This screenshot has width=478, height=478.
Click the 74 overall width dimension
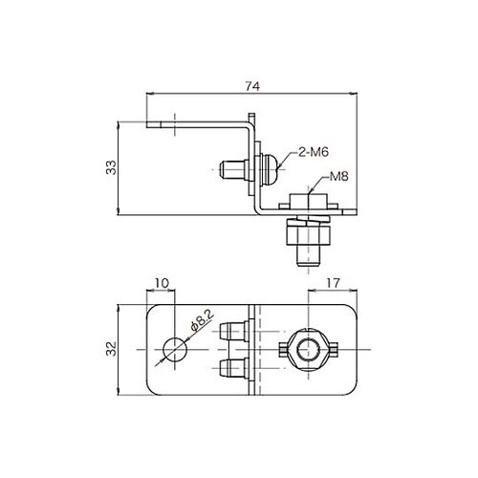(252, 86)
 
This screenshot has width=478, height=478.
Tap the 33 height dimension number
(111, 167)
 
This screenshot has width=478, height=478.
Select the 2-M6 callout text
(314, 152)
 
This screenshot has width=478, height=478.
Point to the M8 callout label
(338, 176)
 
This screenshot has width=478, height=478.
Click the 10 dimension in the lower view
(162, 283)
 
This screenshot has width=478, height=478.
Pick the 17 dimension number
(333, 283)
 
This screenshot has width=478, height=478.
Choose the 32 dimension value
(111, 349)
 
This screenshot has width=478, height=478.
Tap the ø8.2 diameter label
(202, 320)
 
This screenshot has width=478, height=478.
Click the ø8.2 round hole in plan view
(175, 350)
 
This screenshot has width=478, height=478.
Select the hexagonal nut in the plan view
(309, 350)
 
